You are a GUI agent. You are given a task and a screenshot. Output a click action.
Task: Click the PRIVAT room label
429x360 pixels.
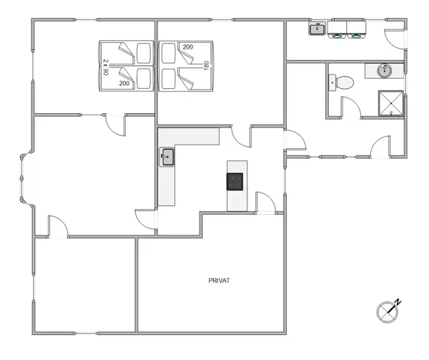point(219,281)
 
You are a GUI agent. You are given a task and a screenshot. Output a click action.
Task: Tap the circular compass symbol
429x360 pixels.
point(387,311)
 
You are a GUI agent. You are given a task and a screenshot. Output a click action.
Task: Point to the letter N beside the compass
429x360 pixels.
point(399,301)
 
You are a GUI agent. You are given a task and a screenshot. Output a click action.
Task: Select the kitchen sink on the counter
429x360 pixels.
point(167,157)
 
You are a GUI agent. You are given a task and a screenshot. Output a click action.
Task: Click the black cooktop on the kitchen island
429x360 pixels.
point(235,181)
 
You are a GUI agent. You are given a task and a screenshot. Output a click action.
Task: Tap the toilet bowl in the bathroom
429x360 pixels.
point(346,82)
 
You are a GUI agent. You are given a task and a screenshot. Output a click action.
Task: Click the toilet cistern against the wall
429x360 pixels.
point(333,82)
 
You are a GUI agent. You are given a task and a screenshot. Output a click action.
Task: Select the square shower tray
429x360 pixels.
point(390,102)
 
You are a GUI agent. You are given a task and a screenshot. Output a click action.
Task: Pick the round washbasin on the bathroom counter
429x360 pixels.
point(385,70)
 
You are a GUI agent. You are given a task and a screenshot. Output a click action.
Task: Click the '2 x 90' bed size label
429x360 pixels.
point(105,67)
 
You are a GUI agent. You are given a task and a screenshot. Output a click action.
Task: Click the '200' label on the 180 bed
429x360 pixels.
point(187,47)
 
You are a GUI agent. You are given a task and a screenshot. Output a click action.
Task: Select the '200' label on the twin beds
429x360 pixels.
point(124,84)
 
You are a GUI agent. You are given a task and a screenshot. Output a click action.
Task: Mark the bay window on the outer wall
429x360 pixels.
point(24,176)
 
